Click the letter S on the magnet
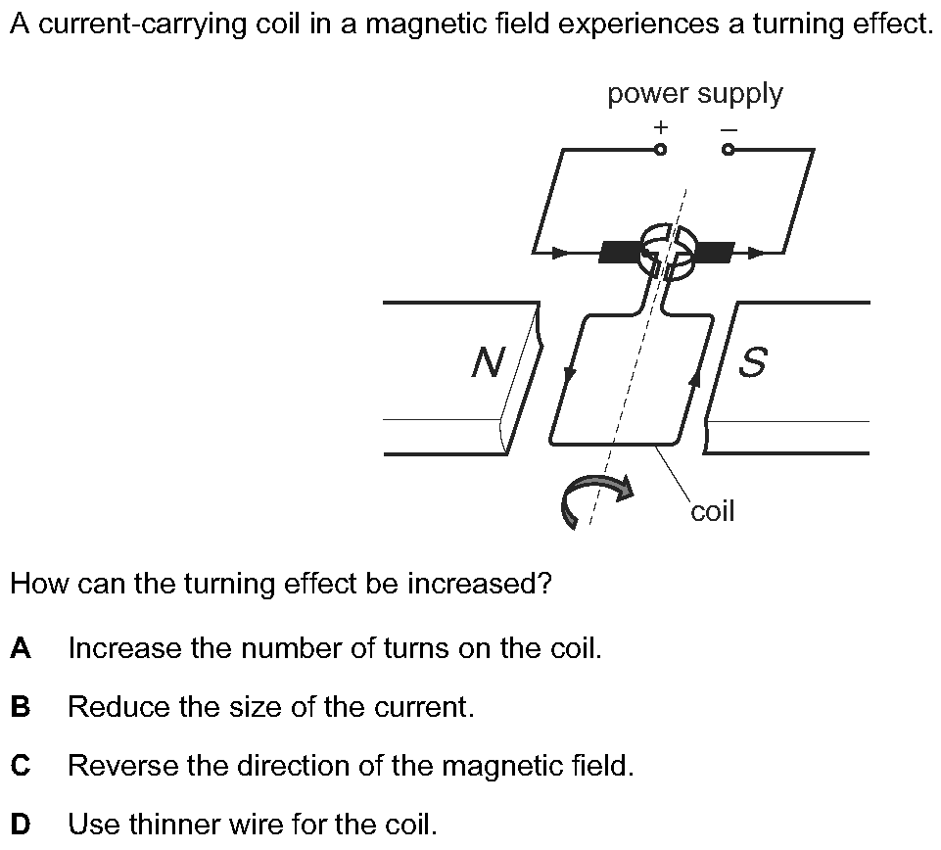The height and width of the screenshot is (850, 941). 751,362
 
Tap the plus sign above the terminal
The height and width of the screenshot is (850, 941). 661,126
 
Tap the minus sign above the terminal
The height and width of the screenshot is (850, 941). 729,128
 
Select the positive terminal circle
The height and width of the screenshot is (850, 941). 661,150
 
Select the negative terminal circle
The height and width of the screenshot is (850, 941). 729,150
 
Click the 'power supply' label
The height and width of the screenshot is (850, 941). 694,94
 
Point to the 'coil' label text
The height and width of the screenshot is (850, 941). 712,511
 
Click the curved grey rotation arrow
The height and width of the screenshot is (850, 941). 595,499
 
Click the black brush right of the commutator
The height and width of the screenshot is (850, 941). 714,253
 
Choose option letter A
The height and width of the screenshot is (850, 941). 21,648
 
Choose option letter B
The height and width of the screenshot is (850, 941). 21,707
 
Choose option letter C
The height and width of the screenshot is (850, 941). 21,766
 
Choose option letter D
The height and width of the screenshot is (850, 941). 21,825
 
